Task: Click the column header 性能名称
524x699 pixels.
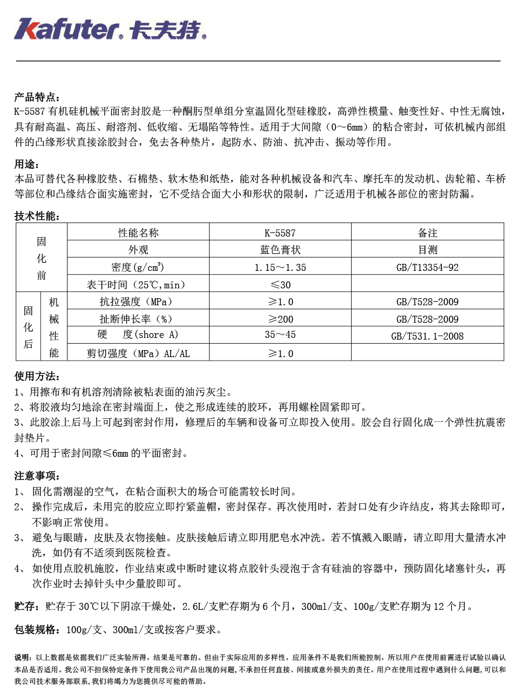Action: pyautogui.click(x=138, y=233)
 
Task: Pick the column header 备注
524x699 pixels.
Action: pyautogui.click(x=427, y=233)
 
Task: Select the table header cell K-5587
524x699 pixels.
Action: pyautogui.click(x=279, y=233)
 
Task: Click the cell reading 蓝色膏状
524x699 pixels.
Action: pyautogui.click(x=279, y=250)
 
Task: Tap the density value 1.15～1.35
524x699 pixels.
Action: pyautogui.click(x=279, y=267)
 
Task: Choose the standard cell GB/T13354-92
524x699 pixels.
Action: pyautogui.click(x=427, y=267)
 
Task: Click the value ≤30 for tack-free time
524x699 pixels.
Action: pyautogui.click(x=279, y=285)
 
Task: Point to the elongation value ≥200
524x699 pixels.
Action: pyautogui.click(x=279, y=319)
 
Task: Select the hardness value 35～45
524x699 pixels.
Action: pyautogui.click(x=279, y=336)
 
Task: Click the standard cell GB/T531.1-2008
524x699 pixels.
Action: pyautogui.click(x=427, y=336)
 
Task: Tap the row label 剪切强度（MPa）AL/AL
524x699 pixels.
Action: pyautogui.click(x=138, y=354)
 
